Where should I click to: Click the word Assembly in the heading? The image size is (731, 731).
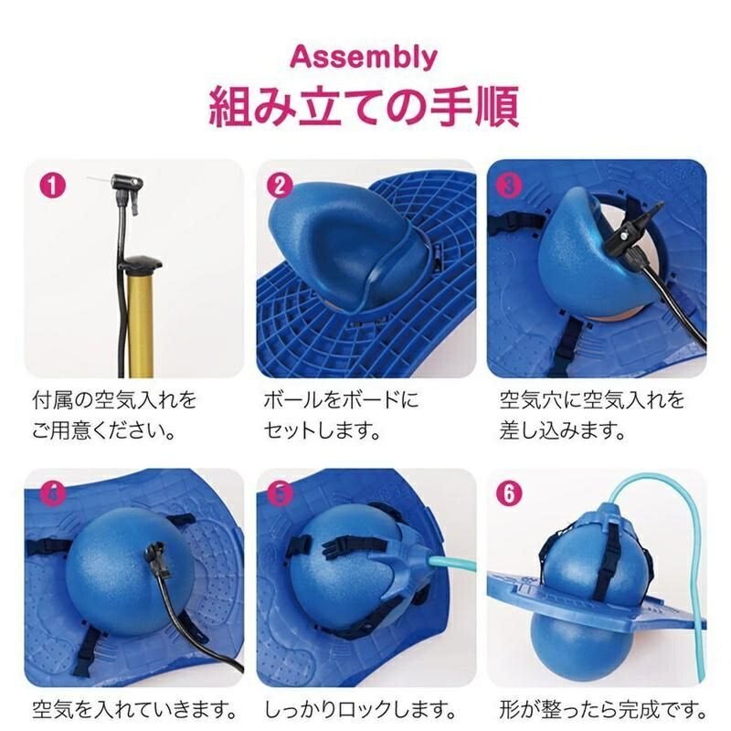tap(364, 58)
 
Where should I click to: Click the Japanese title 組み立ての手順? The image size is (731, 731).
tap(364, 106)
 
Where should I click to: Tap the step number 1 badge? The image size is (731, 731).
tap(52, 185)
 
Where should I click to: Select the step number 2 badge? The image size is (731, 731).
tap(280, 185)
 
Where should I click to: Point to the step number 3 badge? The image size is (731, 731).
tap(510, 185)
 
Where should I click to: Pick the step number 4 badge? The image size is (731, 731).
tap(52, 493)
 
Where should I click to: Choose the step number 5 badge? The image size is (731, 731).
tap(280, 493)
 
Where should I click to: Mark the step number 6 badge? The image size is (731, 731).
tap(510, 493)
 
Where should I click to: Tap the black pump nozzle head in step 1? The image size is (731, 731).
tap(127, 182)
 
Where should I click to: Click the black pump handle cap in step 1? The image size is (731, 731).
tap(140, 263)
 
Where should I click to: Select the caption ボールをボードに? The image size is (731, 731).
tap(341, 400)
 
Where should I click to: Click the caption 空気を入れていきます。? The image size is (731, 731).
tap(134, 710)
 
